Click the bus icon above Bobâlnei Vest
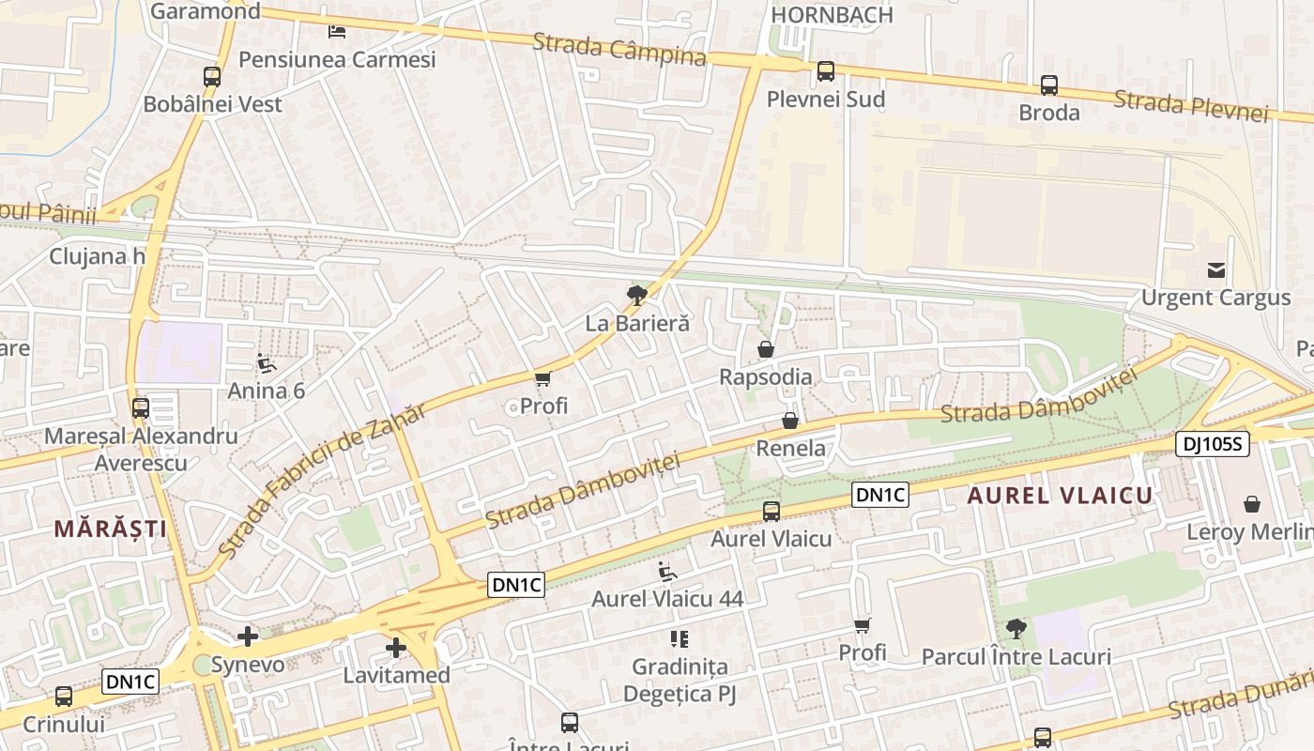click(x=212, y=77)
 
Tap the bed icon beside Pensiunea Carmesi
click(x=337, y=32)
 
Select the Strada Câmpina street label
click(x=619, y=49)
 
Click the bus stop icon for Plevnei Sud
click(x=825, y=71)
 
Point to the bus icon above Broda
click(x=1049, y=85)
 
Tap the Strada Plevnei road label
click(x=1191, y=105)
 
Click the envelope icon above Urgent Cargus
click(x=1216, y=270)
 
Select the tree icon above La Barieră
click(x=637, y=296)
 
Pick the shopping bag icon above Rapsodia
click(x=766, y=349)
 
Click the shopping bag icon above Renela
click(x=790, y=421)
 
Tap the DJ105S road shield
click(x=1213, y=444)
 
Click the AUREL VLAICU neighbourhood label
click(x=1060, y=496)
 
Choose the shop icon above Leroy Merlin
click(x=1252, y=504)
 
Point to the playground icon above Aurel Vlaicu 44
click(x=667, y=571)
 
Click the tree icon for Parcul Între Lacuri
click(x=1016, y=628)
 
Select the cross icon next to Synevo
click(x=248, y=637)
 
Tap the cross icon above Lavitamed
click(x=396, y=648)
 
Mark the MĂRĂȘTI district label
click(x=110, y=529)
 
